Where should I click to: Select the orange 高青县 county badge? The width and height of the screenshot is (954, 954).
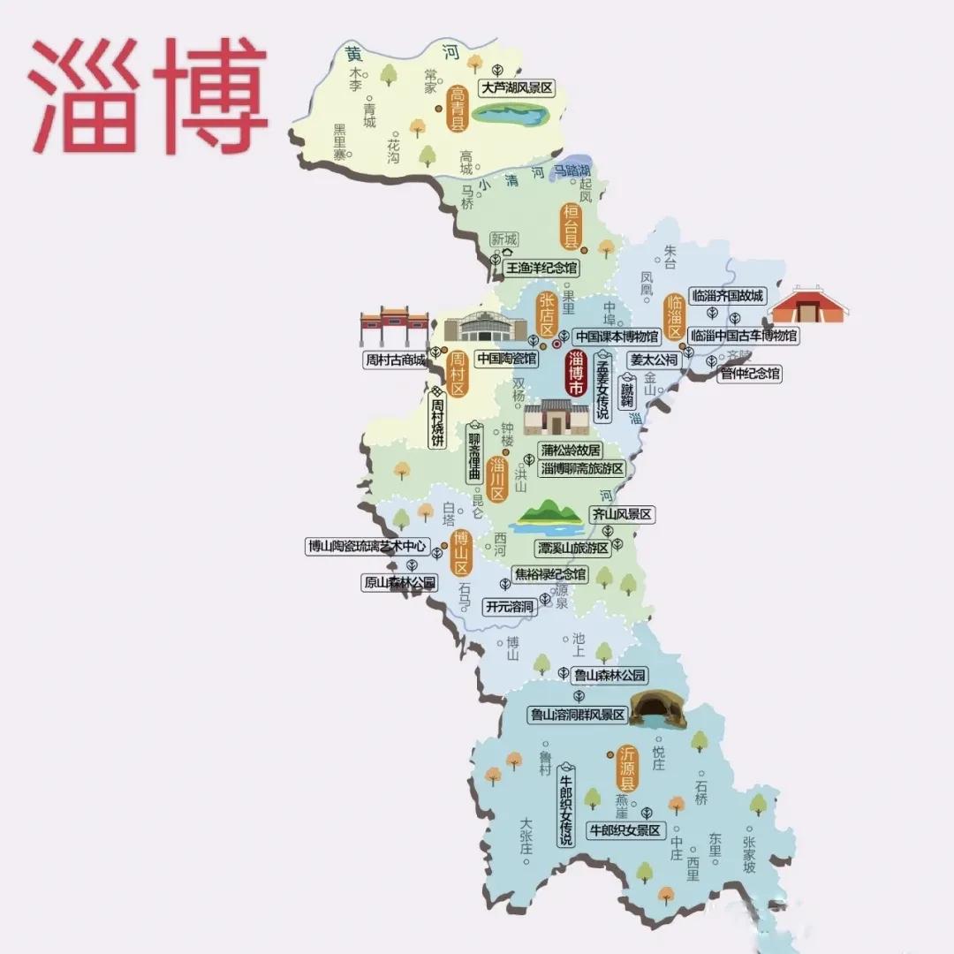point(458,109)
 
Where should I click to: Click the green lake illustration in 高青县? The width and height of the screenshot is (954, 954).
point(511,114)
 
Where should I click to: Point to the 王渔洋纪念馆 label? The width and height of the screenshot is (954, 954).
point(541,266)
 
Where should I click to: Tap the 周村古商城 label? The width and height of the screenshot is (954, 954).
point(395,360)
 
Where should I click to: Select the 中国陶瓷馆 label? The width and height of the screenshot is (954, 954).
point(506,359)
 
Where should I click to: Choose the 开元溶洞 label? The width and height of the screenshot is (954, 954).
point(510,607)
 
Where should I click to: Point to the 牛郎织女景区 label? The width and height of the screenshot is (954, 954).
point(625,830)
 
